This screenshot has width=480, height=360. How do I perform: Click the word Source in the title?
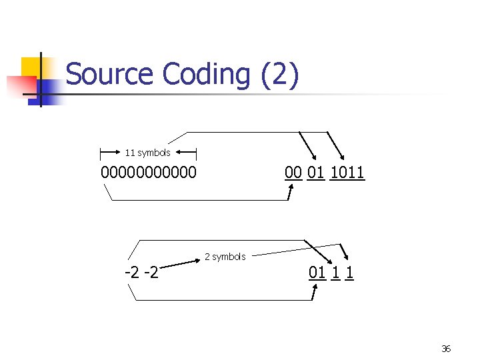[x=109, y=74]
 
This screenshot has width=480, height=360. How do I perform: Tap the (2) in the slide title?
[x=279, y=74]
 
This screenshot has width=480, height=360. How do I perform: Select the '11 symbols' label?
[x=147, y=153]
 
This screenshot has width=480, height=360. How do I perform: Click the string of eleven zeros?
[x=149, y=173]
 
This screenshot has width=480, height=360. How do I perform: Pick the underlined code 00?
[x=293, y=173]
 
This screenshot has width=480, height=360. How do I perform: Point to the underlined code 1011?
[x=347, y=173]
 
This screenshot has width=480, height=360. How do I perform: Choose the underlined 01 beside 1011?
[x=317, y=173]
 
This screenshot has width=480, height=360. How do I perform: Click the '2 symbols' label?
[x=225, y=257]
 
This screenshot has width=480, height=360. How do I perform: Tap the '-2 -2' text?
[x=141, y=273]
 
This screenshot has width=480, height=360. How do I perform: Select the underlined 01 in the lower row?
[x=317, y=273]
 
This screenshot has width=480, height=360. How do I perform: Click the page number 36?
[x=446, y=349]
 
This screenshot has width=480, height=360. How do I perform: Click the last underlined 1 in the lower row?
[x=350, y=273]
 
